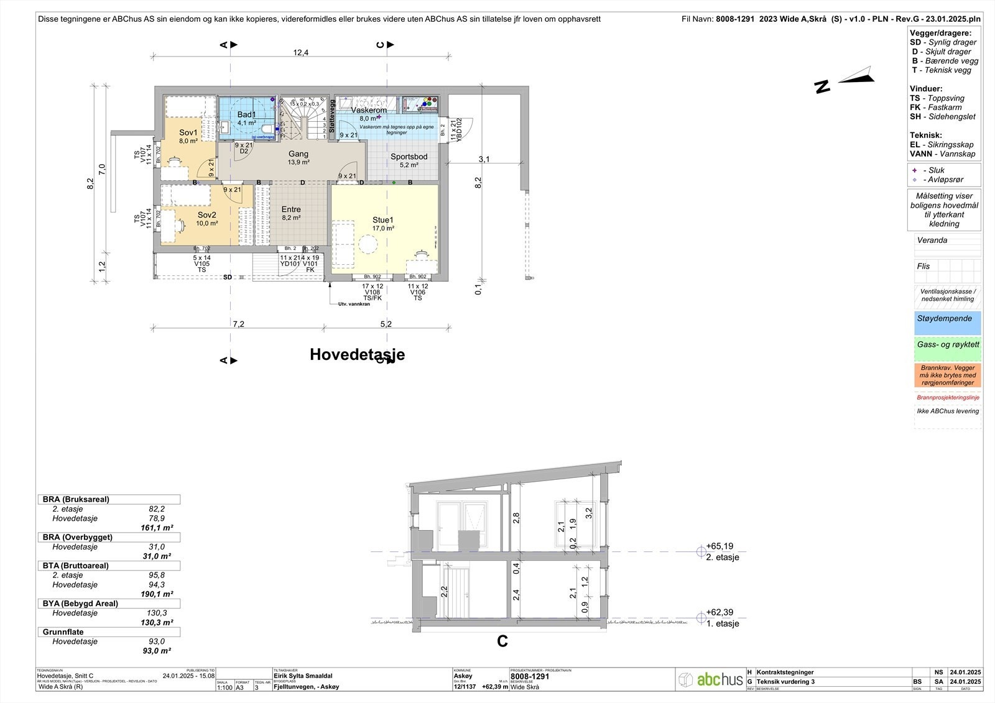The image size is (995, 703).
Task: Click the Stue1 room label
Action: [x=383, y=221]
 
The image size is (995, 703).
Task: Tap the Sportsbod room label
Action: [x=409, y=157]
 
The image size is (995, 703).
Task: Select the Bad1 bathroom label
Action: [x=246, y=115]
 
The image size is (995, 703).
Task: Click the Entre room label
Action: [x=291, y=209]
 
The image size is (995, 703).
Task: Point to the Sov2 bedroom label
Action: [x=207, y=215]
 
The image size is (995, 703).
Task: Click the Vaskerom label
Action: [x=369, y=110]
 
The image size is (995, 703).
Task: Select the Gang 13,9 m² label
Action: [x=298, y=154]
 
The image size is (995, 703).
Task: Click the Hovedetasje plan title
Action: [x=357, y=354]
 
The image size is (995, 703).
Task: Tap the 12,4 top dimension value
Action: [x=301, y=53]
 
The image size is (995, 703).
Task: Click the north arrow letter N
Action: [x=823, y=86]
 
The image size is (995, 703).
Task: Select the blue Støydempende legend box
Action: [x=947, y=323]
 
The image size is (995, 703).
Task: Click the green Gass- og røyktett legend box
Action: [x=947, y=349]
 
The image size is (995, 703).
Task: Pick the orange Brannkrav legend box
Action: [x=947, y=375]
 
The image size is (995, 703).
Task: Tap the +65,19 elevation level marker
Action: [x=720, y=546]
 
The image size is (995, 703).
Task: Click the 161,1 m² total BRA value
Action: [x=157, y=528]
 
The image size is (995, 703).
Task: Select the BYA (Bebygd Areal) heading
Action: [x=80, y=604]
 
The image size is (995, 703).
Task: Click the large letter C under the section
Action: [x=502, y=641]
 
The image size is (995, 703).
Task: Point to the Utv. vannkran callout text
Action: [x=354, y=304]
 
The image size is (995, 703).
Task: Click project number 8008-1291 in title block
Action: [x=529, y=677]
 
